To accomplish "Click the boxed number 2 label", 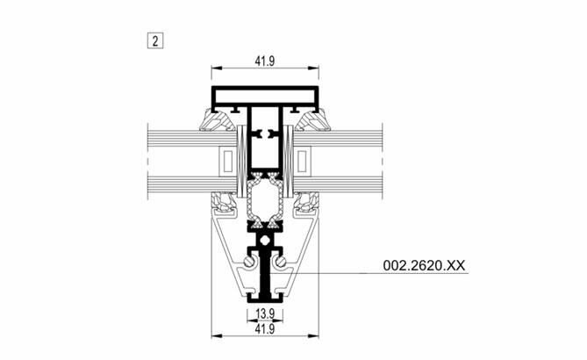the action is (x=155, y=40).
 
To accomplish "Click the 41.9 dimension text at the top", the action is (x=265, y=61).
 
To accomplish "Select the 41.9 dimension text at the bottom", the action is (x=265, y=329).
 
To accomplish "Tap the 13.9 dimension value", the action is (x=265, y=314).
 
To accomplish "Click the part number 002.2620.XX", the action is (x=424, y=265).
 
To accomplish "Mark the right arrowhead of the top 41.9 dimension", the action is (x=313, y=68).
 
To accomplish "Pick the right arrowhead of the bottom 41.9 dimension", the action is (x=313, y=336).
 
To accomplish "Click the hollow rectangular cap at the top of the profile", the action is (x=265, y=89).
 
